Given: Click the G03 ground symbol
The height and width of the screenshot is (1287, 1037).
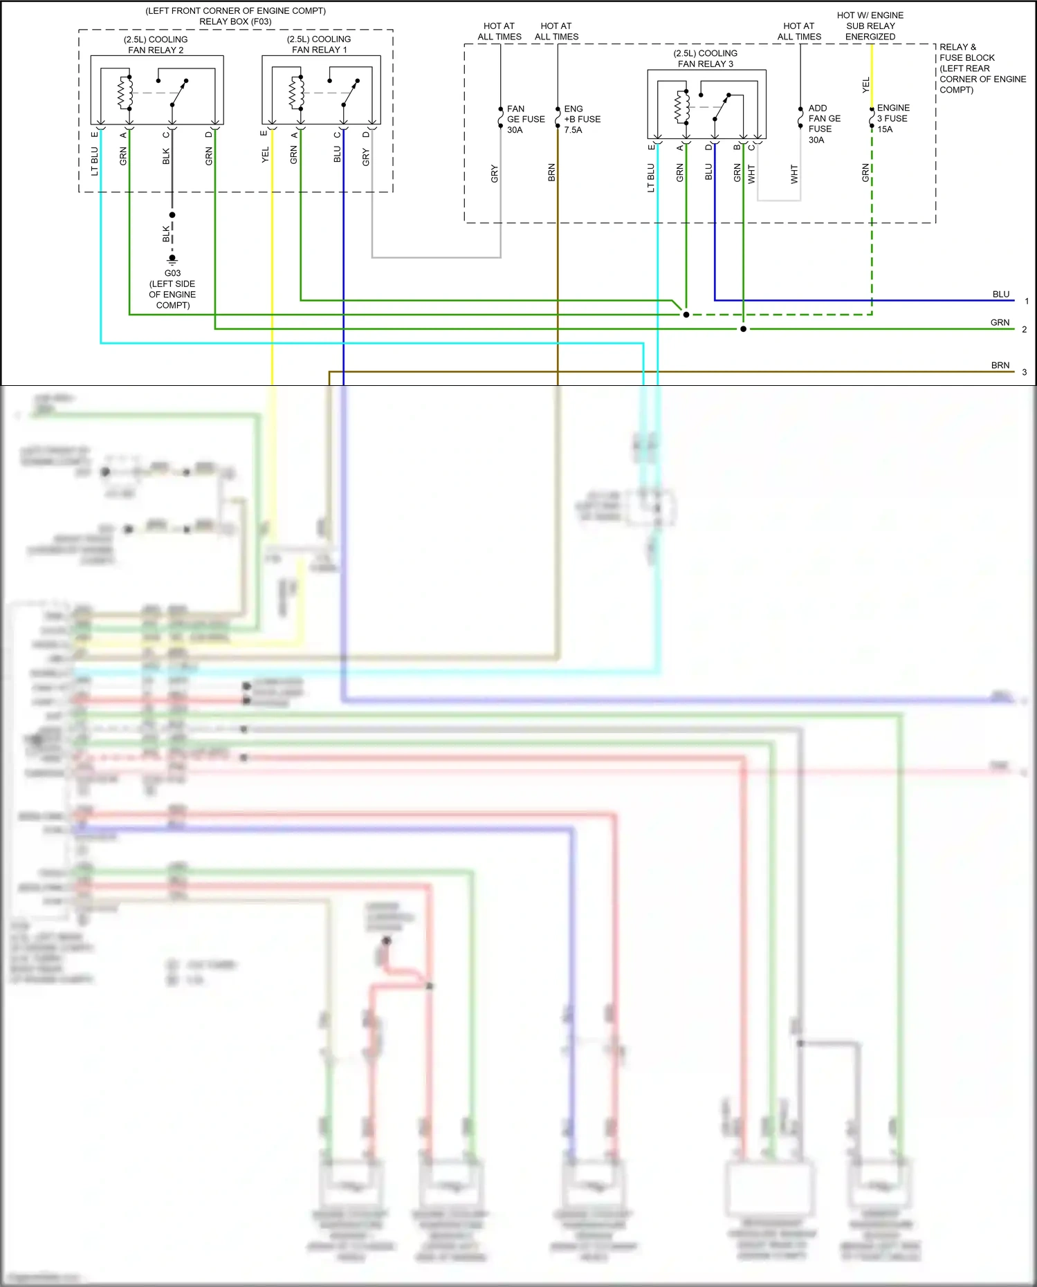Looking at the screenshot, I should coord(172,260).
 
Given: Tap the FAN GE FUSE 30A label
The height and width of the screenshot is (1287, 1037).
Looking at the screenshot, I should coord(525,119).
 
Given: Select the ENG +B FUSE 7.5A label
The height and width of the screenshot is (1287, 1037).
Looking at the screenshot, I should coord(582,119).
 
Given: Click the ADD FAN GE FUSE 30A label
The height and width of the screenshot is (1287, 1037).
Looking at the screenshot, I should coord(824,124).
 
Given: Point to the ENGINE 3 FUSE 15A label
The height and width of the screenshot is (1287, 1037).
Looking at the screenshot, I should coord(892,118).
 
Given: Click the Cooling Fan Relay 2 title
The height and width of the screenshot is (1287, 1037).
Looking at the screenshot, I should coord(156,44).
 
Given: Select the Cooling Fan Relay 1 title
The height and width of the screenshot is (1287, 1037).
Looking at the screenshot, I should coord(319,44).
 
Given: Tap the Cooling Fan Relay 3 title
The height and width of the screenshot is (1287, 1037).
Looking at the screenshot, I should coord(705,58).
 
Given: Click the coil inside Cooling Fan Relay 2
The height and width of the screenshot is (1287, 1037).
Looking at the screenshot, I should coord(125,93).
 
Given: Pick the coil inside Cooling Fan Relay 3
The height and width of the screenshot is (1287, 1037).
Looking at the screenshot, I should coord(681,107).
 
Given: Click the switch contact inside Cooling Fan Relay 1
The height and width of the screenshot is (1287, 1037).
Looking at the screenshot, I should coord(350,93).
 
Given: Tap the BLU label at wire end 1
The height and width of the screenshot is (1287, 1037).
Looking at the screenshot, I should coord(1000,295).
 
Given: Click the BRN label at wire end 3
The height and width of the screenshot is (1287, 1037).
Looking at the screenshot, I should coord(1000,365).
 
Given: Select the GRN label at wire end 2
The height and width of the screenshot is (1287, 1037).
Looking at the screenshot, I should coord(1000,323).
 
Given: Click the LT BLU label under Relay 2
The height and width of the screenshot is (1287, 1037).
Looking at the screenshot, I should coord(95,160).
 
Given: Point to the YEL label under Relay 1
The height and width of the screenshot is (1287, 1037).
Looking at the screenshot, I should coord(265,156).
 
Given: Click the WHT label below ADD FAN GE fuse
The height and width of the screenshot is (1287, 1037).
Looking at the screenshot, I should coord(794,174).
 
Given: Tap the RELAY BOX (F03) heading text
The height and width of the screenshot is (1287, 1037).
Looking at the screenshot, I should coord(235,21).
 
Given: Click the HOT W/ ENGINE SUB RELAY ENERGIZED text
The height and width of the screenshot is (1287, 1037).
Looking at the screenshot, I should coord(870,26).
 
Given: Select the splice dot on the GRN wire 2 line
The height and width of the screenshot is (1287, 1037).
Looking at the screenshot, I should coord(743,329).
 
